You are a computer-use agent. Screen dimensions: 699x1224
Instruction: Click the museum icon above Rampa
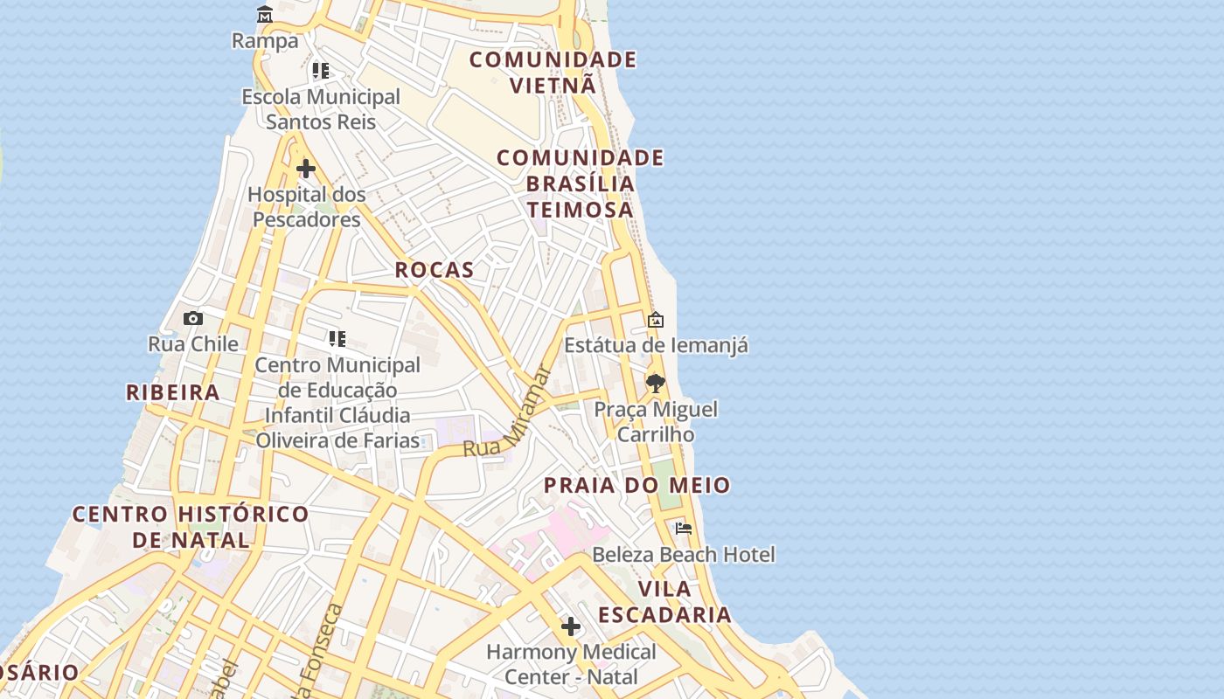pyautogui.click(x=265, y=15)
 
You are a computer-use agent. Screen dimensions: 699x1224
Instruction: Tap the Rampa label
pyautogui.click(x=265, y=41)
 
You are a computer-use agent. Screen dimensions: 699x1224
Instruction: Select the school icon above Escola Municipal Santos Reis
pyautogui.click(x=321, y=71)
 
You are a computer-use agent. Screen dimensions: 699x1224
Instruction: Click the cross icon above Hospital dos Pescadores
pyautogui.click(x=306, y=168)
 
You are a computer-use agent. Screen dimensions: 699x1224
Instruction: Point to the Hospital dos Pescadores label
pyautogui.click(x=307, y=207)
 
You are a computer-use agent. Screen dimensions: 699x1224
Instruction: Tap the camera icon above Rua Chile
pyautogui.click(x=193, y=318)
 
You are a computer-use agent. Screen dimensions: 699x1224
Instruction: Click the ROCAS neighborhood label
pyautogui.click(x=435, y=270)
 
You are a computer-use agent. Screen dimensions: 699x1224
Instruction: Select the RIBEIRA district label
pyautogui.click(x=173, y=392)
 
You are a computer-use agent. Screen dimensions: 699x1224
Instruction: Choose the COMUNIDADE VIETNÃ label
pyautogui.click(x=553, y=73)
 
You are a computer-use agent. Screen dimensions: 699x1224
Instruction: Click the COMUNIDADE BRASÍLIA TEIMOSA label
pyautogui.click(x=581, y=183)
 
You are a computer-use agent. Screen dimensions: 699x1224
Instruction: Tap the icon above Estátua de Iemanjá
pyautogui.click(x=656, y=320)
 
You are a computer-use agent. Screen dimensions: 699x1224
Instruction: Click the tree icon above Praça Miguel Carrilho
pyautogui.click(x=656, y=383)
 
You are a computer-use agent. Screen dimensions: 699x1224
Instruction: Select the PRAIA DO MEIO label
pyautogui.click(x=637, y=486)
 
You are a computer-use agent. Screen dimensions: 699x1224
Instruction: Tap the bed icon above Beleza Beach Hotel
pyautogui.click(x=684, y=528)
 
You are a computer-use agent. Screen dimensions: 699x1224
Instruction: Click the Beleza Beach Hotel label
pyautogui.click(x=684, y=555)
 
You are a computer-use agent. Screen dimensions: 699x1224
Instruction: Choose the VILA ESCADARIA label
pyautogui.click(x=664, y=601)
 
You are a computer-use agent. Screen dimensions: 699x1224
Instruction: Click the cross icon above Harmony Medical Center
pyautogui.click(x=571, y=626)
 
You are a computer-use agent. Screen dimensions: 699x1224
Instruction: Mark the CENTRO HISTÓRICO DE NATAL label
pyautogui.click(x=191, y=527)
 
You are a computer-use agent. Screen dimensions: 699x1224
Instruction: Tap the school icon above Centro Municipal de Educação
pyautogui.click(x=337, y=339)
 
